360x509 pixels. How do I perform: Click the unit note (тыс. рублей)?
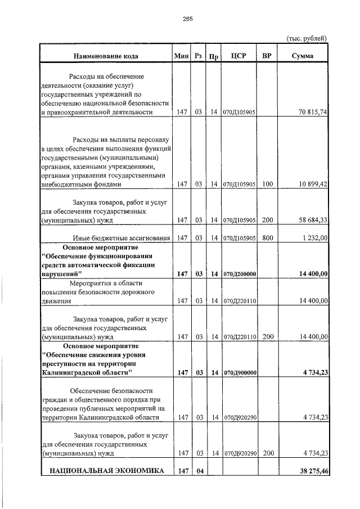(x=307, y=38)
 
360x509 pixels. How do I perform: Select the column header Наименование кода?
(x=105, y=56)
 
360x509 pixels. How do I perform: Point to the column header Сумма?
(x=303, y=56)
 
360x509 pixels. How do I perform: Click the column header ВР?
(x=267, y=56)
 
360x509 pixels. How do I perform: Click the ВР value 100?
(x=267, y=184)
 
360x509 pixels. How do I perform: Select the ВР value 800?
(x=267, y=238)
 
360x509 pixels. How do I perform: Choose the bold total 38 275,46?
(x=310, y=470)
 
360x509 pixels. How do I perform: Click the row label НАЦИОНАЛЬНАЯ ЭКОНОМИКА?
(x=106, y=470)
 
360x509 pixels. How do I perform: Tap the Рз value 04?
(x=198, y=470)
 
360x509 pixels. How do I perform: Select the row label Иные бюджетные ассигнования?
(x=121, y=238)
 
